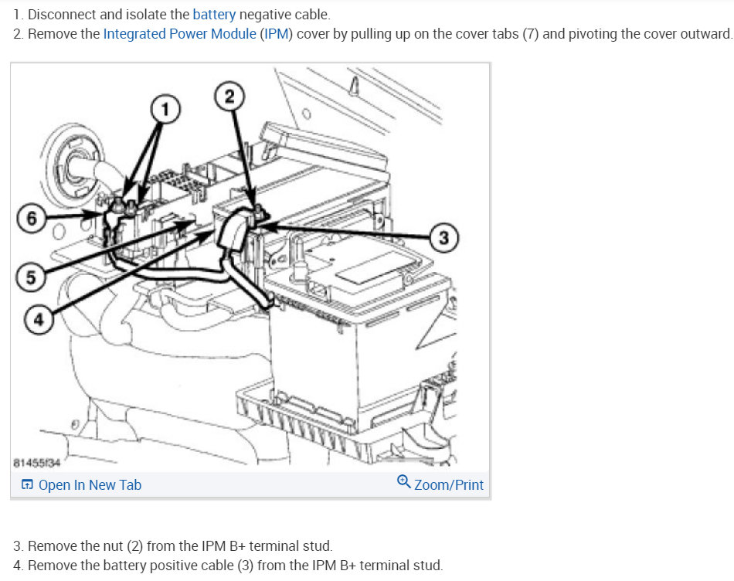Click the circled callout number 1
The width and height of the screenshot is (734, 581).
pos(165,109)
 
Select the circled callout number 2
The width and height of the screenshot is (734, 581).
pos(229,96)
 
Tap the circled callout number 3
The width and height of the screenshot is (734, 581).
pos(444,238)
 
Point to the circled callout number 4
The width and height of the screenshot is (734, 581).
pos(39,319)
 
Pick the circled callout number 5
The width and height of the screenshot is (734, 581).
pos(30,277)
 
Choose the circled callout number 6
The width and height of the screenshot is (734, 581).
pos(32,218)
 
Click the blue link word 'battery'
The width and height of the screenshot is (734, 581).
pos(214,15)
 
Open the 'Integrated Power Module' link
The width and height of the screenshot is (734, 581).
pos(180,34)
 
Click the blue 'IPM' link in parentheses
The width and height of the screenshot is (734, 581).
pos(276,34)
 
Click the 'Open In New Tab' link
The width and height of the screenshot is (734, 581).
pos(90,485)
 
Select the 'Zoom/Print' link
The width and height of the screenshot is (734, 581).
pos(449,485)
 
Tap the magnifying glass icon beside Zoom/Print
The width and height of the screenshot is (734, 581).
pos(403,481)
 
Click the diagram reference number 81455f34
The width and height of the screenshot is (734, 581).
pos(37,463)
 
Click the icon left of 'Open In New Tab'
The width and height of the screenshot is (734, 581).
pos(27,484)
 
